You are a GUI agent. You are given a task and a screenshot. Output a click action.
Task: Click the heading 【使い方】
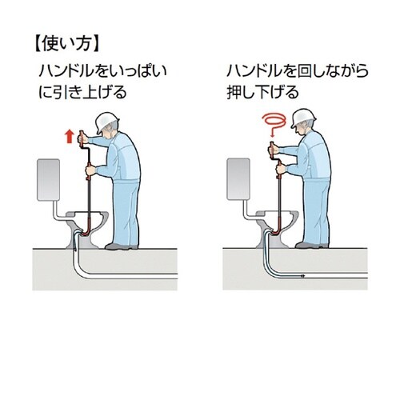click(x=67, y=44)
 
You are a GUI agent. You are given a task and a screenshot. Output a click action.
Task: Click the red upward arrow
click(x=70, y=136)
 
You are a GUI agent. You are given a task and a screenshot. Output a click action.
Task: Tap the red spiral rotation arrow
click(x=274, y=122)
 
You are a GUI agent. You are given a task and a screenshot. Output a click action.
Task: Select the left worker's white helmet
click(x=106, y=122)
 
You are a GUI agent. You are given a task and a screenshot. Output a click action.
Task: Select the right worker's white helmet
click(x=303, y=118)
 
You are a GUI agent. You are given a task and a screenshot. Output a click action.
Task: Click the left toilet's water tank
click(x=48, y=180)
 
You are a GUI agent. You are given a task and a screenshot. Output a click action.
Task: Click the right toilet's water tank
click(x=238, y=178)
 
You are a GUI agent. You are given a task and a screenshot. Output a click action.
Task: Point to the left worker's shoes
click(x=122, y=246)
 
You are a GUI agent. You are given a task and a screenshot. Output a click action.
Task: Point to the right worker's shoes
click(x=312, y=245)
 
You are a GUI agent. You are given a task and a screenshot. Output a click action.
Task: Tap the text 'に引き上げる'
click(x=82, y=92)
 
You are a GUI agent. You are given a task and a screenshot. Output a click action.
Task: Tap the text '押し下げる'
click(x=262, y=92)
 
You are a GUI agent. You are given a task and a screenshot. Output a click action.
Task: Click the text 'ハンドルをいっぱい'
click(x=103, y=71)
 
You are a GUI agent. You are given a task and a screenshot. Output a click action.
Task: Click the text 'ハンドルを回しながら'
click(x=298, y=71)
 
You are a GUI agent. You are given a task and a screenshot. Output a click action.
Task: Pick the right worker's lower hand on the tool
click(x=281, y=169)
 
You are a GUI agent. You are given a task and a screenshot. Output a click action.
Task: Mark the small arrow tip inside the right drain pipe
click(x=302, y=276)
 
